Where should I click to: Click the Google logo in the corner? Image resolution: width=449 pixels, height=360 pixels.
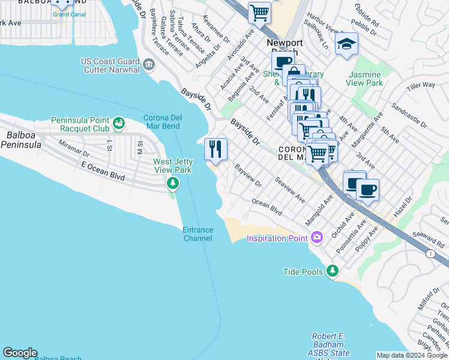pyautogui.click(x=20, y=353)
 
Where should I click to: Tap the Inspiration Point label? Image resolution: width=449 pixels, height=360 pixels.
pyautogui.click(x=277, y=239)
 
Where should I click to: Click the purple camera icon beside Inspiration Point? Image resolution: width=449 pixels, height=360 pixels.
pyautogui.click(x=316, y=239)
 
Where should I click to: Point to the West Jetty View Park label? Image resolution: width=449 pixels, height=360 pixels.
pyautogui.click(x=173, y=166)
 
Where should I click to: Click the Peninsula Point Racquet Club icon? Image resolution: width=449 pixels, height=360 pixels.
pyautogui.click(x=119, y=124)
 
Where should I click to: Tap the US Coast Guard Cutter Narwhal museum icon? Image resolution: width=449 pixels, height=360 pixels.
pyautogui.click(x=148, y=63)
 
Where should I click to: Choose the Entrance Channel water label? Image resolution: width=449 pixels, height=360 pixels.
pyautogui.click(x=197, y=234)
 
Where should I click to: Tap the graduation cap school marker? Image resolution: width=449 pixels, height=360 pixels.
pyautogui.click(x=346, y=44)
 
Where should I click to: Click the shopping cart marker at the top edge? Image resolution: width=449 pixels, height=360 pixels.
pyautogui.click(x=259, y=12)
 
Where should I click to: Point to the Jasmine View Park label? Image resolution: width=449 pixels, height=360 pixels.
pyautogui.click(x=365, y=79)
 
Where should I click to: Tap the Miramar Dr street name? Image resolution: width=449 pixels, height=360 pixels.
pyautogui.click(x=73, y=149)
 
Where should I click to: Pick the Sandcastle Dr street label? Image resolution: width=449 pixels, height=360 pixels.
pyautogui.click(x=408, y=116)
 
